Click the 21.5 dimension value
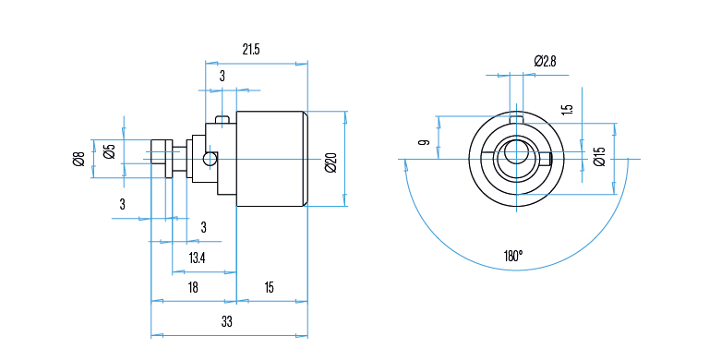251,49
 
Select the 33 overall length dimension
226,321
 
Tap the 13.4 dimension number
198,258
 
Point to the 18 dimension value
193,287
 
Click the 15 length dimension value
269,287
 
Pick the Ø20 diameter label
331,162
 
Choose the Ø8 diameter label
78,159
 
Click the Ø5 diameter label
110,151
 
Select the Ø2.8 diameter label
545,61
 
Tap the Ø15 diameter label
599,157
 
